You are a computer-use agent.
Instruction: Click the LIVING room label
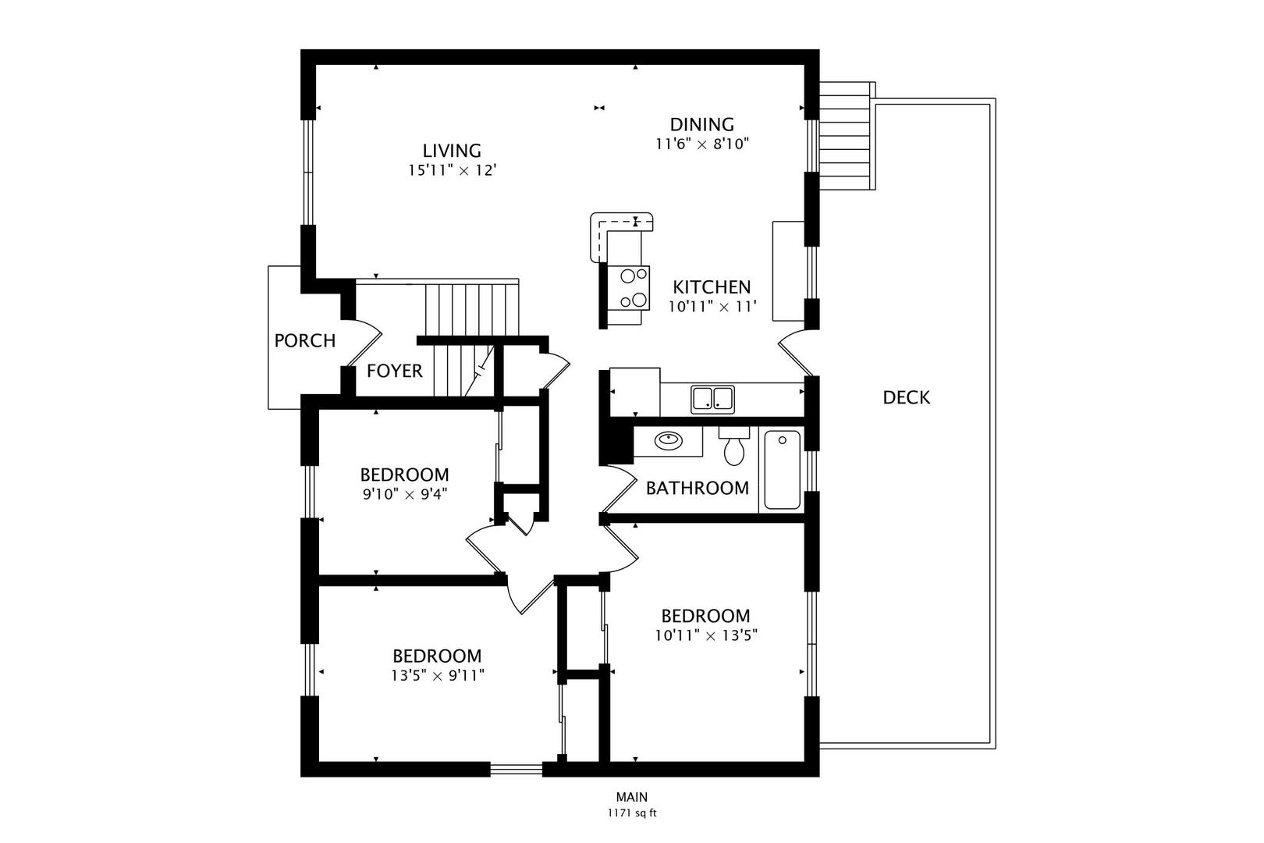tap(452, 151)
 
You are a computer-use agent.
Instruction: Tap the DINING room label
tap(702, 124)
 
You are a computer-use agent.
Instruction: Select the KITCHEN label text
tap(712, 287)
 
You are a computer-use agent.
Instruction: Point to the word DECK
tap(906, 397)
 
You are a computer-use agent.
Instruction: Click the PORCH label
tap(305, 340)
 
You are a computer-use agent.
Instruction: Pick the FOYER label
tap(395, 371)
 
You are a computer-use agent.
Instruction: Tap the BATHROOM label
tap(698, 488)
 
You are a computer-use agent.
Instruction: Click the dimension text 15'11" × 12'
tap(452, 170)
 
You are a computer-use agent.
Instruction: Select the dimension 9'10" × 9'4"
tap(405, 495)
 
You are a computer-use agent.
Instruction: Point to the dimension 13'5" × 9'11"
tap(437, 675)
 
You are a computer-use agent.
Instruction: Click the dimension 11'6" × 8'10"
tap(702, 144)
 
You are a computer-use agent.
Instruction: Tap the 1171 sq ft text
tap(632, 813)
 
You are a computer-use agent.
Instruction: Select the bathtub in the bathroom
tap(782, 470)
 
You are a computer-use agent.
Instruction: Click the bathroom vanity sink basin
tap(669, 439)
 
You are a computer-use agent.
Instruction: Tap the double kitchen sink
tap(712, 399)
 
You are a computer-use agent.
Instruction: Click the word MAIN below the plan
tap(632, 797)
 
